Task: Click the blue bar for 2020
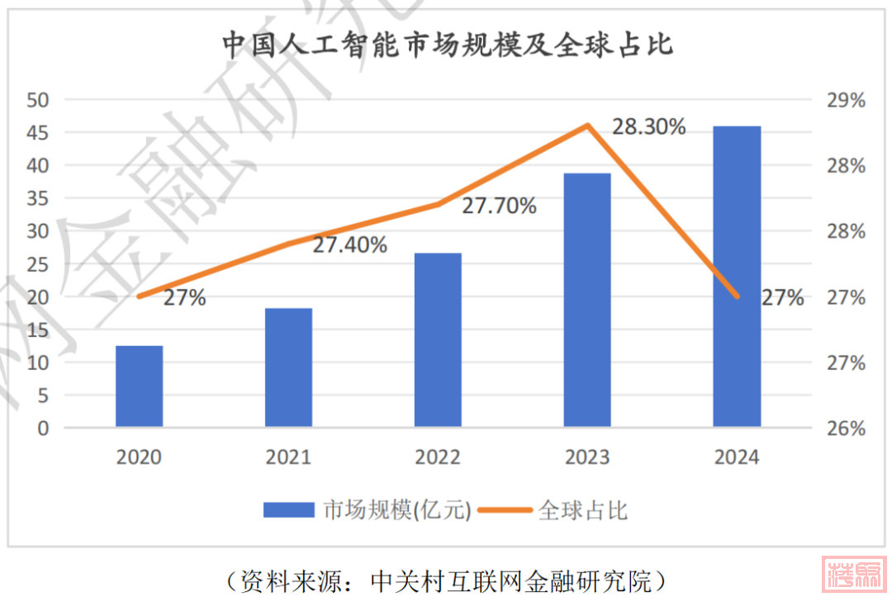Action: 139,386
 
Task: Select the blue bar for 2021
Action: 288,367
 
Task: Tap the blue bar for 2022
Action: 438,339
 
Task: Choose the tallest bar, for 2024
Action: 737,277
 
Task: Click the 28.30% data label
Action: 648,126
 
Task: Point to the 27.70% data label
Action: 499,206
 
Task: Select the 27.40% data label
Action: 349,244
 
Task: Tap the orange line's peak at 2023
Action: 587,126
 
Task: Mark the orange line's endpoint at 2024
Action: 737,296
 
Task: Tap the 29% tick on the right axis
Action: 846,101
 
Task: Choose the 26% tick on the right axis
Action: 846,429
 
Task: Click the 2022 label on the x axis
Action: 438,457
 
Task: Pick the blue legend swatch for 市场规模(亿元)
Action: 288,510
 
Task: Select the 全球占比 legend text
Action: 583,510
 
